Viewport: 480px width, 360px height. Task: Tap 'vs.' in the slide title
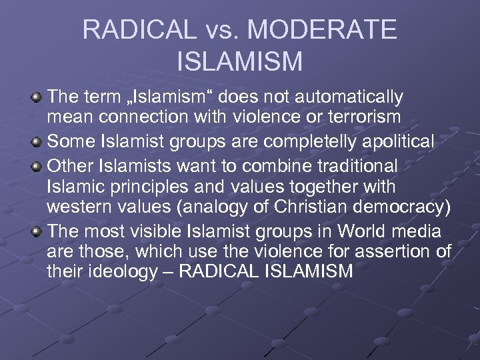tap(224, 31)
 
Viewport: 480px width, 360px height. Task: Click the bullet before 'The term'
tap(38, 97)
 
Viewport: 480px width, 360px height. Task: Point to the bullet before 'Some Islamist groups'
tap(38, 142)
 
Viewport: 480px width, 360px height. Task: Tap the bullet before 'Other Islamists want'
tap(38, 165)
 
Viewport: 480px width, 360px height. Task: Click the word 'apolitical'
tap(394, 142)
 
